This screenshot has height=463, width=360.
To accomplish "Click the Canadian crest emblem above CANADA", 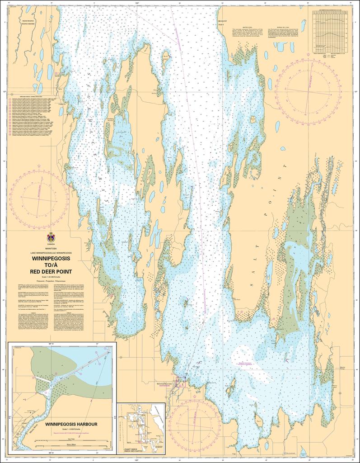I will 51,237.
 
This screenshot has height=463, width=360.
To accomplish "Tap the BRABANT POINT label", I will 223,23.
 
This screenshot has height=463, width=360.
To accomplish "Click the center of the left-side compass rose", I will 39,197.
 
